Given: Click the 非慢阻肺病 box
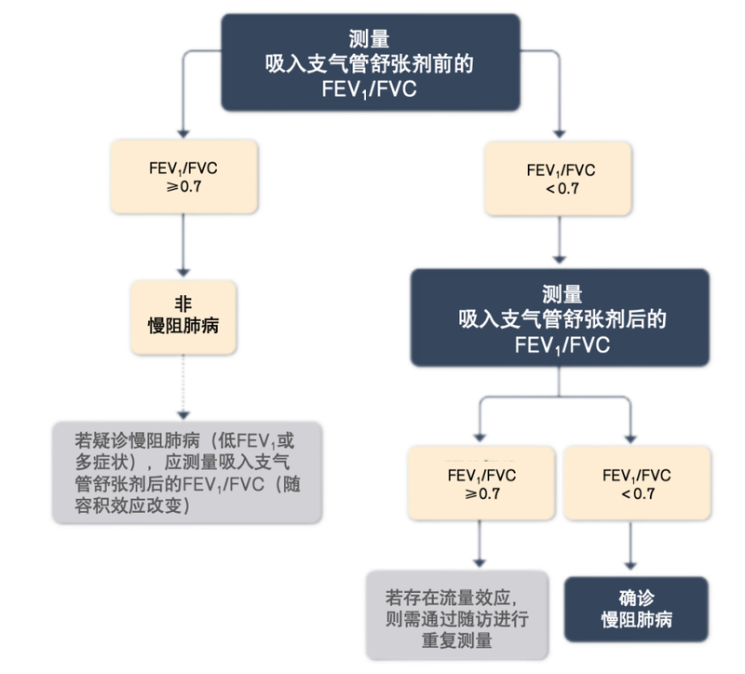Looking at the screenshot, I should (x=183, y=317).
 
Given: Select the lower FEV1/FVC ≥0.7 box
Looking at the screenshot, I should (x=481, y=483).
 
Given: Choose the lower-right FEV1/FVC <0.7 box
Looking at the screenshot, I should (x=637, y=483).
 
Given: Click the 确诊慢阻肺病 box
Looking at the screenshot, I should (x=637, y=609).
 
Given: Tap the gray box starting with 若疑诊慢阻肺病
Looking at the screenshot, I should (x=187, y=471).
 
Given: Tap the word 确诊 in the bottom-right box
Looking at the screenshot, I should (x=637, y=598).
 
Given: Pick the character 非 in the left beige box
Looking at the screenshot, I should (x=183, y=303).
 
